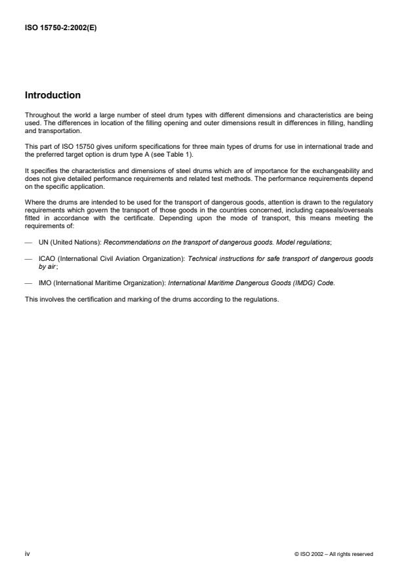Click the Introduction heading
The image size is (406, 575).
[52, 95]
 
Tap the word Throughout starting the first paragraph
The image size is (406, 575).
[40, 115]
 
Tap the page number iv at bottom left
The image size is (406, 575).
[27, 553]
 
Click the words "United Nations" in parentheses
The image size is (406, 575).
[73, 224]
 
